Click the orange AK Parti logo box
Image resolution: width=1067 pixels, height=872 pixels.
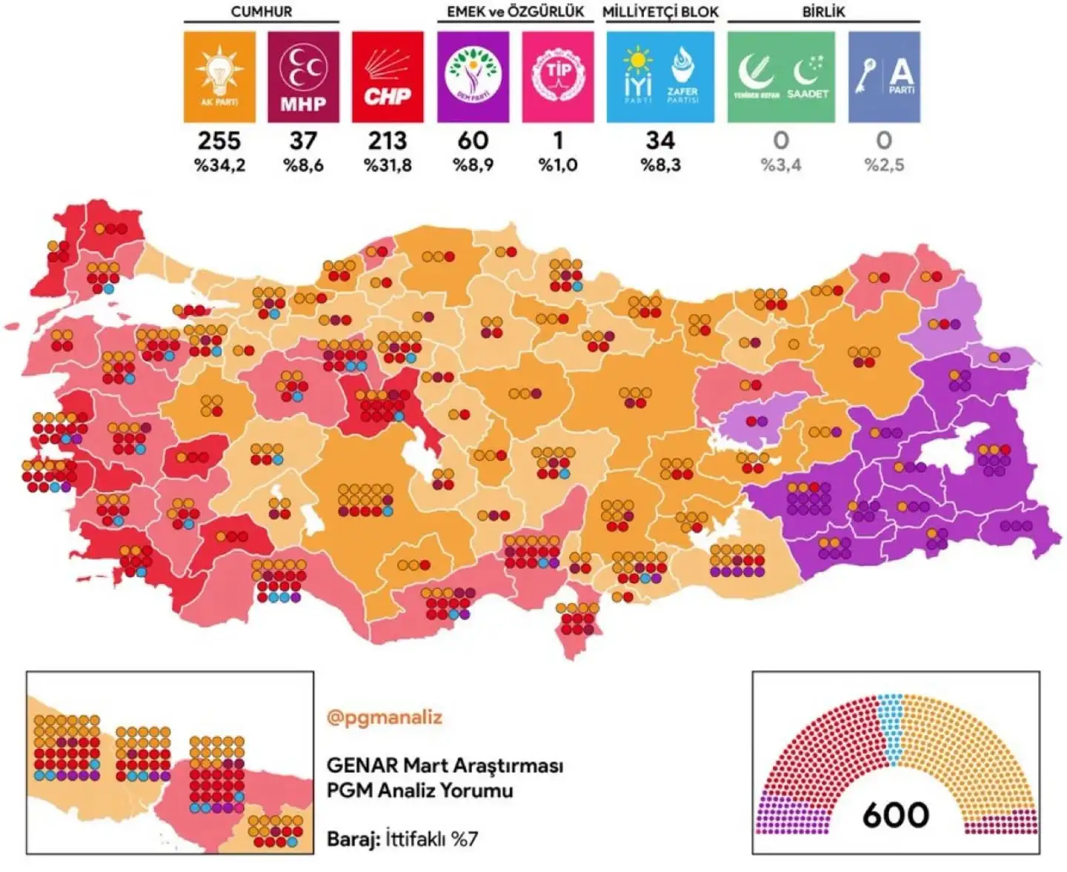pos(219,77)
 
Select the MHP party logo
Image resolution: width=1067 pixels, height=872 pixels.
pos(303,77)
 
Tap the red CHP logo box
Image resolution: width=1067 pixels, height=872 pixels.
pos(388,77)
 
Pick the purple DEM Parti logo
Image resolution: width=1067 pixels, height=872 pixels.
pos(473,77)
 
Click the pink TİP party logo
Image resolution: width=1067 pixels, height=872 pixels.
pos(558,77)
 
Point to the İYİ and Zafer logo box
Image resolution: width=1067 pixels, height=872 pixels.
pos(660,77)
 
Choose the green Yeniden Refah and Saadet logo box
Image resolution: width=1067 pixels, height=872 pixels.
pos(781,77)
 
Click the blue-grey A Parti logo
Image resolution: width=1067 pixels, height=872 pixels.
pos(884,77)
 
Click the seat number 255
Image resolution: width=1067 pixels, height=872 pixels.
pos(219,140)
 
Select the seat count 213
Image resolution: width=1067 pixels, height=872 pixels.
pos(388,140)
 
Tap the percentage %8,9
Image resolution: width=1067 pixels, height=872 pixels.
pos(473,165)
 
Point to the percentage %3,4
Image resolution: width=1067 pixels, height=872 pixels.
pos(781,165)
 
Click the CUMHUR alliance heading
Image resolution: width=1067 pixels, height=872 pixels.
pos(261,12)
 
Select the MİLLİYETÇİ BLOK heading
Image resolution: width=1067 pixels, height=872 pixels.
pos(660,12)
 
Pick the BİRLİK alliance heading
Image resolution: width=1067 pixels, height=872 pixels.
pos(823,12)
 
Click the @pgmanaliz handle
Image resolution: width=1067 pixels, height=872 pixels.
pos(384,717)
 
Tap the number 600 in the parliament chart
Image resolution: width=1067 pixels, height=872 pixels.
pos(895,815)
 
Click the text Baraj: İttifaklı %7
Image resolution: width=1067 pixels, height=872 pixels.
pos(402,839)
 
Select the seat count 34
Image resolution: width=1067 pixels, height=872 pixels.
pos(660,140)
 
